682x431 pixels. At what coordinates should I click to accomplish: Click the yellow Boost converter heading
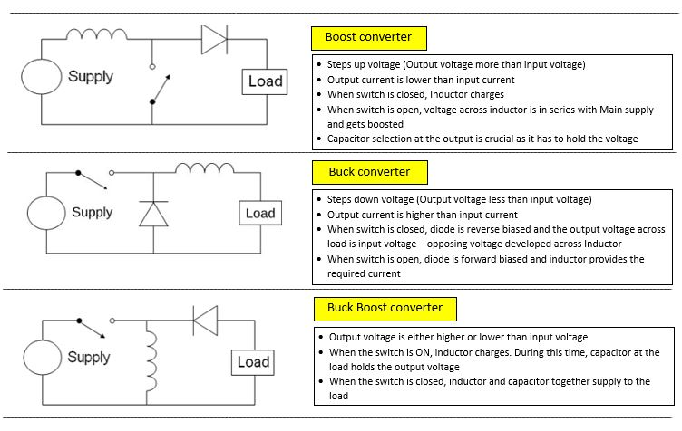point(368,38)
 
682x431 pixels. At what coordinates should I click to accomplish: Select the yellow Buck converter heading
point(368,172)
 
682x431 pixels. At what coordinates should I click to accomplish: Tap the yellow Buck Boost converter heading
point(385,308)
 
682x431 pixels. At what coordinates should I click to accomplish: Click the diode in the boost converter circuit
point(213,40)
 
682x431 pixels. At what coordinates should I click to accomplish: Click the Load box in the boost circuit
point(265,81)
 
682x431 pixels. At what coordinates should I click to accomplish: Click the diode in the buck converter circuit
point(152,214)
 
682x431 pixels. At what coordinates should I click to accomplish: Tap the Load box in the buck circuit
point(259,214)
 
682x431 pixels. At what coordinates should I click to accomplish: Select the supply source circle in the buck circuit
point(45,214)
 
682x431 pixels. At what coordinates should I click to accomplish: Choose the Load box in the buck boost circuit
point(253,362)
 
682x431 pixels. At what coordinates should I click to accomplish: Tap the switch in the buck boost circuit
point(95,326)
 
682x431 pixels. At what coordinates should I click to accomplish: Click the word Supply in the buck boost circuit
point(89,357)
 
